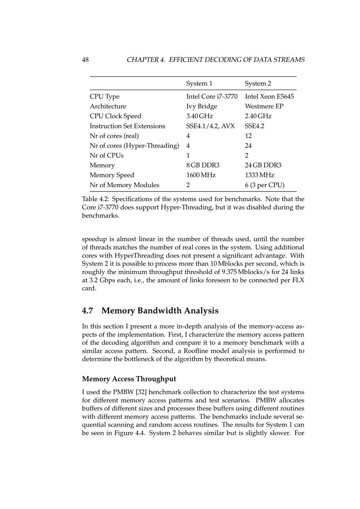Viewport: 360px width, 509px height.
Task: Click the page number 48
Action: [x=85, y=60]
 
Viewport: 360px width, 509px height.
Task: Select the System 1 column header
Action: [x=199, y=84]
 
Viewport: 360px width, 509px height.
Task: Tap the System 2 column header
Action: [x=258, y=84]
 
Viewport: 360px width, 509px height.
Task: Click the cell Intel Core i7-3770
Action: [x=212, y=96]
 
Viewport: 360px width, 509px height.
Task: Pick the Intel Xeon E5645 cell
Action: [x=269, y=96]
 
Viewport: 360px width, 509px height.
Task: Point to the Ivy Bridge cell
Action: [x=202, y=106]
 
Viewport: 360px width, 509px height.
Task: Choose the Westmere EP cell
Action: [x=264, y=106]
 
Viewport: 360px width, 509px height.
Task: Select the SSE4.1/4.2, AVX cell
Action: [x=210, y=126]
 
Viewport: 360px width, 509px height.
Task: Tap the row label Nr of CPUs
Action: [x=107, y=156]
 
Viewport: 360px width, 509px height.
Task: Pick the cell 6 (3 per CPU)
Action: [x=265, y=185]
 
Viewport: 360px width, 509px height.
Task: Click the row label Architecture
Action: [x=108, y=106]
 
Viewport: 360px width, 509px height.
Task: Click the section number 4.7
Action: [x=89, y=311]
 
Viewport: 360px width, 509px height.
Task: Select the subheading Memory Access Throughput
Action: [x=129, y=379]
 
